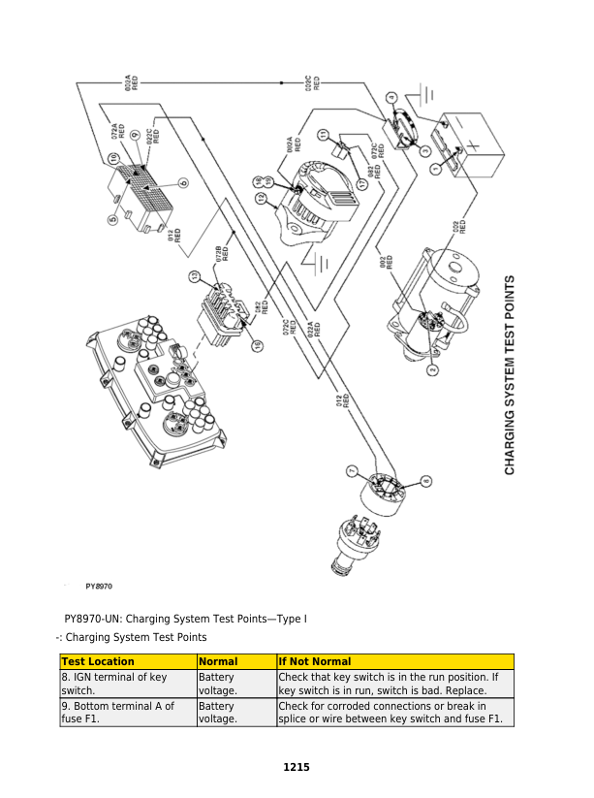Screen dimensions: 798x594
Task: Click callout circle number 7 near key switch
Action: [x=353, y=471]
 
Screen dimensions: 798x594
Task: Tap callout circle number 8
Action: [x=427, y=481]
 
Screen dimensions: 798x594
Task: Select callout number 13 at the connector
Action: [x=195, y=277]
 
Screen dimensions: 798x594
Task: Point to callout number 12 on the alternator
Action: [x=262, y=198]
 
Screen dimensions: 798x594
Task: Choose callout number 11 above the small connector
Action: [x=324, y=134]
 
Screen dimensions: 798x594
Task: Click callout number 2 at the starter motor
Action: [x=432, y=368]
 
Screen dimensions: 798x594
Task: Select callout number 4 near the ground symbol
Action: [x=391, y=97]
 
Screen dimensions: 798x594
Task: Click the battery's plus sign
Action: [x=473, y=144]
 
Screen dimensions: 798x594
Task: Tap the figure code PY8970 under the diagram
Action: [x=99, y=587]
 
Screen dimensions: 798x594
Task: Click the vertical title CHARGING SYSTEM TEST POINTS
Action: [x=510, y=374]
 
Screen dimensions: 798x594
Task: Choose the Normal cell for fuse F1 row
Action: [x=216, y=713]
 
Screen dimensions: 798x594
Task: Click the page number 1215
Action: [x=297, y=767]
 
